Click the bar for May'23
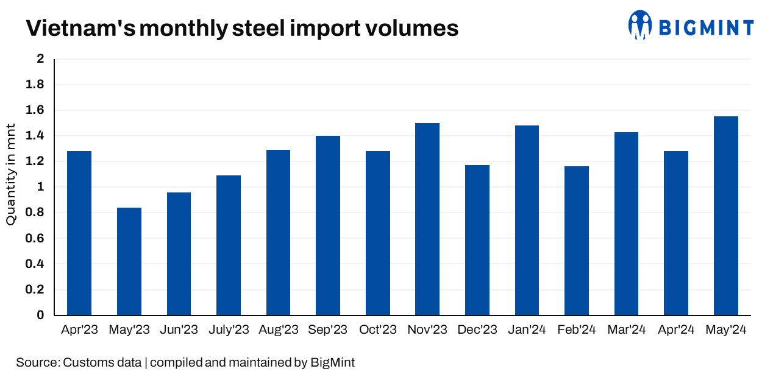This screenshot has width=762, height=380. (x=129, y=261)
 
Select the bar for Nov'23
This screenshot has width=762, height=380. (x=427, y=219)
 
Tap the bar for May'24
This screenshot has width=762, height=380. (x=726, y=216)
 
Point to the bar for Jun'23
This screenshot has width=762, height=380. (x=179, y=254)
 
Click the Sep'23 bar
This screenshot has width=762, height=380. (x=328, y=225)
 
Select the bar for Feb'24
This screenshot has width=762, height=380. (x=577, y=241)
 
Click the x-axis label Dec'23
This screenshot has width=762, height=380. (x=477, y=330)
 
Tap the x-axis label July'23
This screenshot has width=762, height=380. (x=229, y=330)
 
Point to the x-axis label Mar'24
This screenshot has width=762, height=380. (x=627, y=330)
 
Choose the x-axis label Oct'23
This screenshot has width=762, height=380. (x=378, y=330)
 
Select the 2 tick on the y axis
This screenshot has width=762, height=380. (x=41, y=59)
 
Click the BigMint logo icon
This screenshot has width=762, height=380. (x=640, y=25)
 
